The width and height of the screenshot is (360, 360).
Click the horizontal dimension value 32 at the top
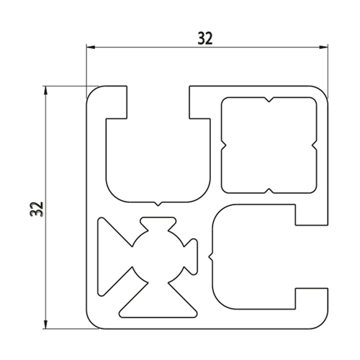coord(205,39)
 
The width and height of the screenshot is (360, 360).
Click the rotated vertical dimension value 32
coord(37,210)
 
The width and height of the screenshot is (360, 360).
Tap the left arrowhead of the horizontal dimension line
coord(91,48)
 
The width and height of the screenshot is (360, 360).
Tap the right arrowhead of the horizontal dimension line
coord(323,48)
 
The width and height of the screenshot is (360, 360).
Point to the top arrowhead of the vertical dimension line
coord(45,91)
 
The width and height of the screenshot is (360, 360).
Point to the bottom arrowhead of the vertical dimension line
coord(45,324)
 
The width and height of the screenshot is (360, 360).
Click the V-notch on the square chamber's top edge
coord(269,99)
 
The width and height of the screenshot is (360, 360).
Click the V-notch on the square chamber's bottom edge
coord(269,191)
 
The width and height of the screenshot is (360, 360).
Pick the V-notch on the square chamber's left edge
coord(223,145)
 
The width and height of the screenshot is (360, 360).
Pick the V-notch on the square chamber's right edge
coord(315,145)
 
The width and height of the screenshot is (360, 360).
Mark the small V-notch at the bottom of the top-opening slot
coord(158,204)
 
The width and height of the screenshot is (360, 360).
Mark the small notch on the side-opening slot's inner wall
coord(211,257)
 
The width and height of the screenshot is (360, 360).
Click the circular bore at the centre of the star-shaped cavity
coord(158,256)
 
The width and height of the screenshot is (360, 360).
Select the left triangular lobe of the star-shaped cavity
coord(113,256)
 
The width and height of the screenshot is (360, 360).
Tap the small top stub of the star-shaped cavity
coord(158,223)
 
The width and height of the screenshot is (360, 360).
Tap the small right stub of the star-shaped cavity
coord(192,256)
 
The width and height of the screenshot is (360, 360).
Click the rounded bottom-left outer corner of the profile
coord(91,323)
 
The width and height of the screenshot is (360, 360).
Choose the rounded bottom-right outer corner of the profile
coord(323,323)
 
